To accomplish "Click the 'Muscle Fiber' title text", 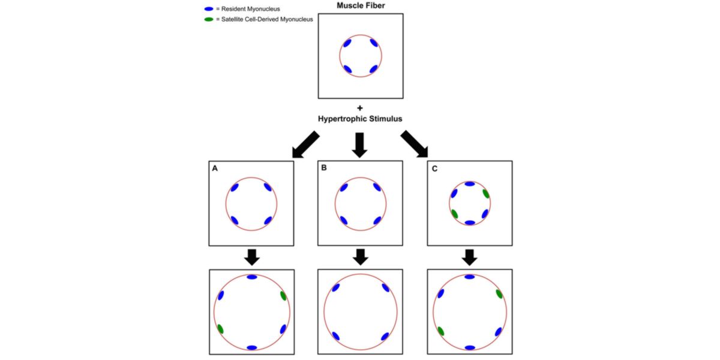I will [361, 5].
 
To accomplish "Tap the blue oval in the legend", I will [209, 10].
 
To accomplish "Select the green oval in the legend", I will [209, 20].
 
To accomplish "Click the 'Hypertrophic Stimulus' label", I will [360, 119].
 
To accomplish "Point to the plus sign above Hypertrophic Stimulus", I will [360, 109].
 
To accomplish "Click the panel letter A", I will [215, 169].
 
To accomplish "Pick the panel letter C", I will [434, 169].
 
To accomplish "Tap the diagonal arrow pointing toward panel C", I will [415, 145].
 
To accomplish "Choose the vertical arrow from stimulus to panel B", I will [360, 145].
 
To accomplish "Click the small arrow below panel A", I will [252, 257].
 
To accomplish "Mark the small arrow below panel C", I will [470, 257].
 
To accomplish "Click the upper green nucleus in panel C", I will [485, 193].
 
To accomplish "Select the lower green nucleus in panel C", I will [455, 214].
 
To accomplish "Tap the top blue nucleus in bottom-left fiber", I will [252, 277].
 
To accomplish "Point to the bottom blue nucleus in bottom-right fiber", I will [470, 347].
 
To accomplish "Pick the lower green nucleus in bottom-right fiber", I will [441, 331].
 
